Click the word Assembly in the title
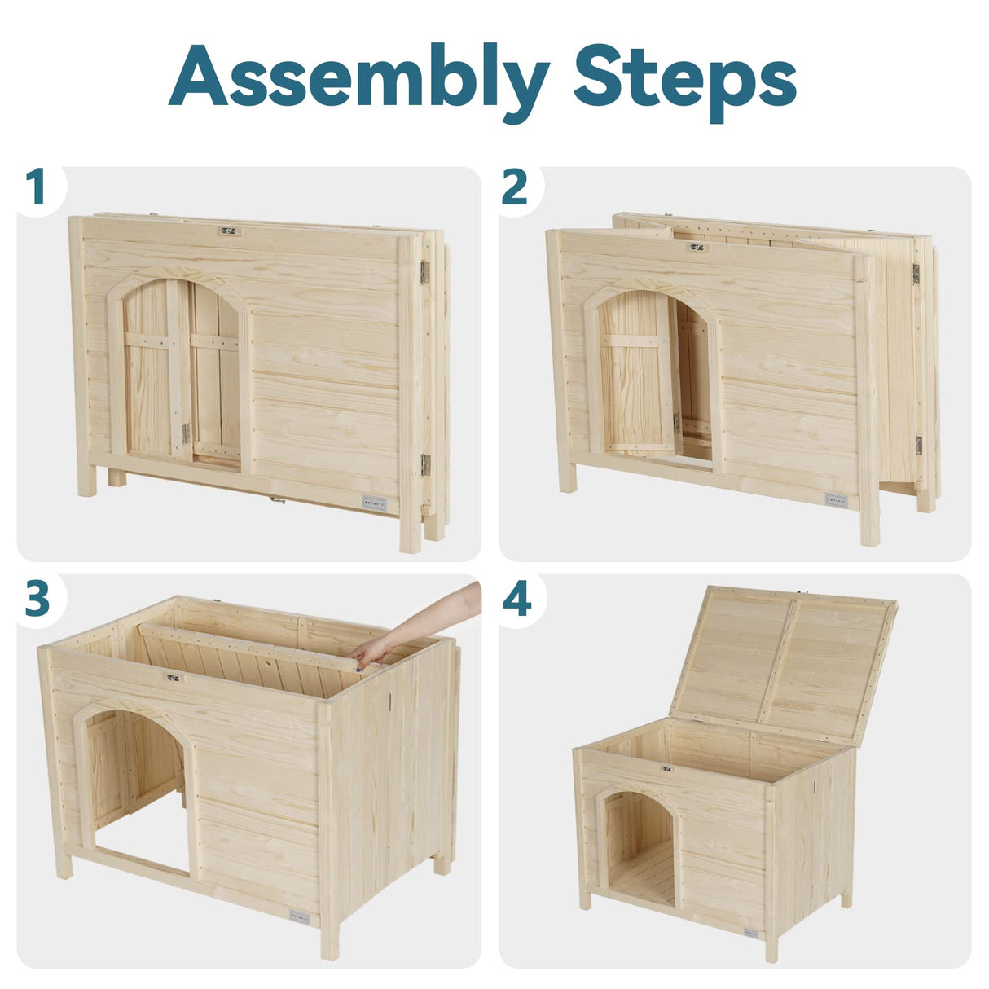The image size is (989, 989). [358, 77]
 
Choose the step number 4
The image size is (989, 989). [517, 600]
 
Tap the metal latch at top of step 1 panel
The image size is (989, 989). [230, 231]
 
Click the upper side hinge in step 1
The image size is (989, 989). [424, 272]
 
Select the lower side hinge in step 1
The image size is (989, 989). [424, 464]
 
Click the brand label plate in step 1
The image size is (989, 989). [374, 502]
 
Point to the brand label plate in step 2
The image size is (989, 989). [836, 499]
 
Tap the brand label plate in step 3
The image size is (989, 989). [299, 917]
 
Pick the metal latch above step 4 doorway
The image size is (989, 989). [667, 768]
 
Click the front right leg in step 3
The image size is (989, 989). [329, 937]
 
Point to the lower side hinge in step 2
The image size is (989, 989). [918, 446]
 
